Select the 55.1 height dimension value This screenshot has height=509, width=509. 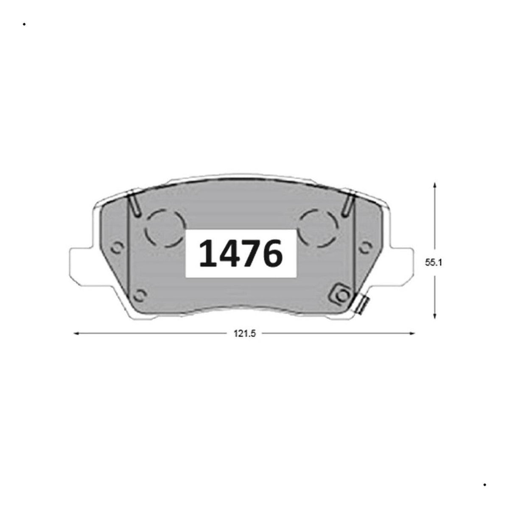[434, 263]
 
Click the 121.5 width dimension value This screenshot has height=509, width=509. [245, 334]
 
